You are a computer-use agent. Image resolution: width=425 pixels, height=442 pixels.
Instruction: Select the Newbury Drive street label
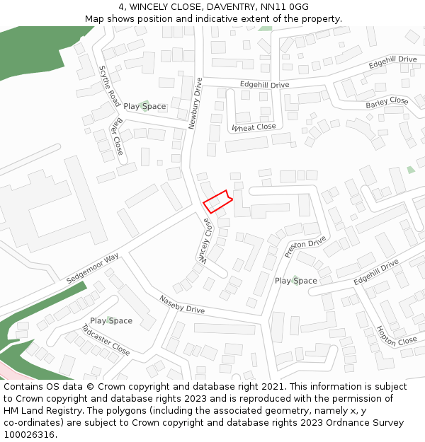point(195,103)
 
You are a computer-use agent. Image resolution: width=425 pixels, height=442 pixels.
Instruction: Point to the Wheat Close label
point(254,127)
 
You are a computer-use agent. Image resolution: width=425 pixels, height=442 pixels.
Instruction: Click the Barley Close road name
point(387,103)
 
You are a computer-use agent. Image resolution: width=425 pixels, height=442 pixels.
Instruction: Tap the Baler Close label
point(117,136)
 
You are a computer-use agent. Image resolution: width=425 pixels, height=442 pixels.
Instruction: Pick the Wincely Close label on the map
point(205,240)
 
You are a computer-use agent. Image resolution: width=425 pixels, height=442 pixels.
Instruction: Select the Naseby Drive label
point(181,305)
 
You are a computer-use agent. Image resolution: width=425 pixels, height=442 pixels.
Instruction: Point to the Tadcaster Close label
point(106,339)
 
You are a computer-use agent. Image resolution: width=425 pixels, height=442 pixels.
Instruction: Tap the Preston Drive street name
point(305,247)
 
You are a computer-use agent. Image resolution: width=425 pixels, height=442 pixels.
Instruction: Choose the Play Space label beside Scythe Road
point(144,106)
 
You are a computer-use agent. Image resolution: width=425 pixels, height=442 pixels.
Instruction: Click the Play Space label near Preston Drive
point(295,281)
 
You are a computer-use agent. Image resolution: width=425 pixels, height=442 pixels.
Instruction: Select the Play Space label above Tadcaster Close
point(110,320)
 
